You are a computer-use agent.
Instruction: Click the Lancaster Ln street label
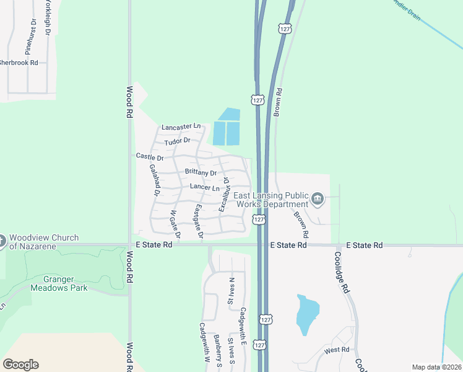pos(181,127)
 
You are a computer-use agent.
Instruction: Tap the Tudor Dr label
pos(176,142)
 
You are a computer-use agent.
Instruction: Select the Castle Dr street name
pos(149,157)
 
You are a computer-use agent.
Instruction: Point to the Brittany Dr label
pos(201,173)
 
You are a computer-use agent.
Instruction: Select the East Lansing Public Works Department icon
pos(318,199)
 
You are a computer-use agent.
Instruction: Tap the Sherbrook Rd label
pos(18,63)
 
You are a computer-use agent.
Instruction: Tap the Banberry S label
pos(218,351)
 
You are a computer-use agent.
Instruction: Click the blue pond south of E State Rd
pos(307,314)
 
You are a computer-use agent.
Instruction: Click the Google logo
pos(20,365)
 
